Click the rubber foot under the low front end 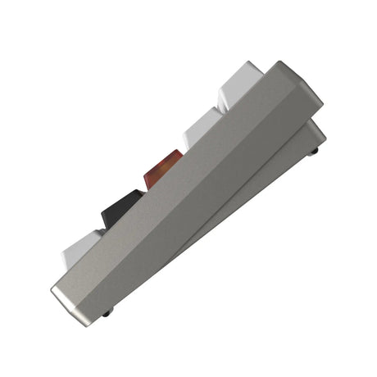[107, 312]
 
